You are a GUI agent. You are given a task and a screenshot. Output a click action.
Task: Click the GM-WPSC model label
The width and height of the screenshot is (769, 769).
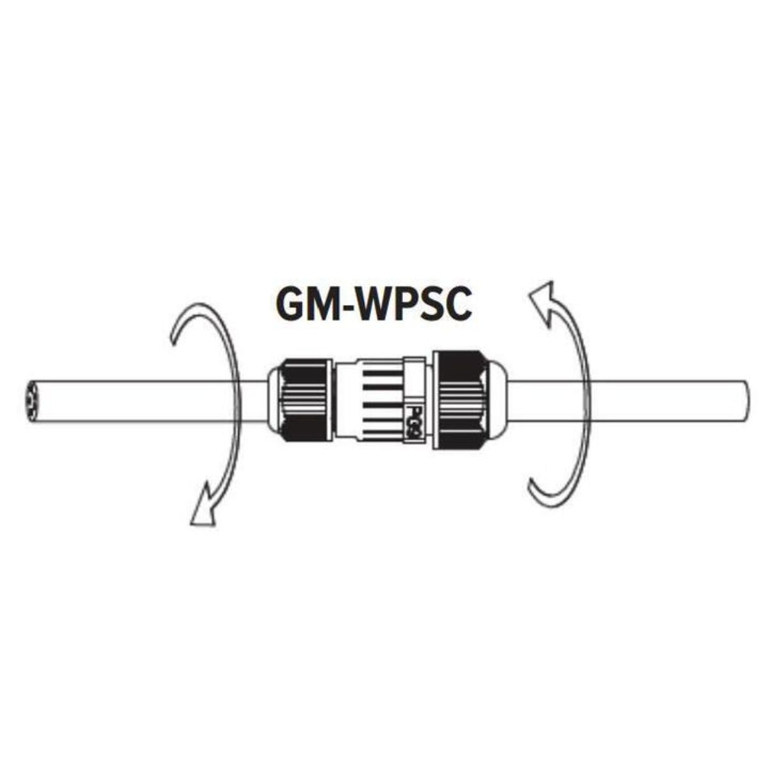click(x=374, y=303)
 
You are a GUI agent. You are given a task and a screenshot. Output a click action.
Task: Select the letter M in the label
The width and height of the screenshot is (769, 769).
click(x=326, y=303)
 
